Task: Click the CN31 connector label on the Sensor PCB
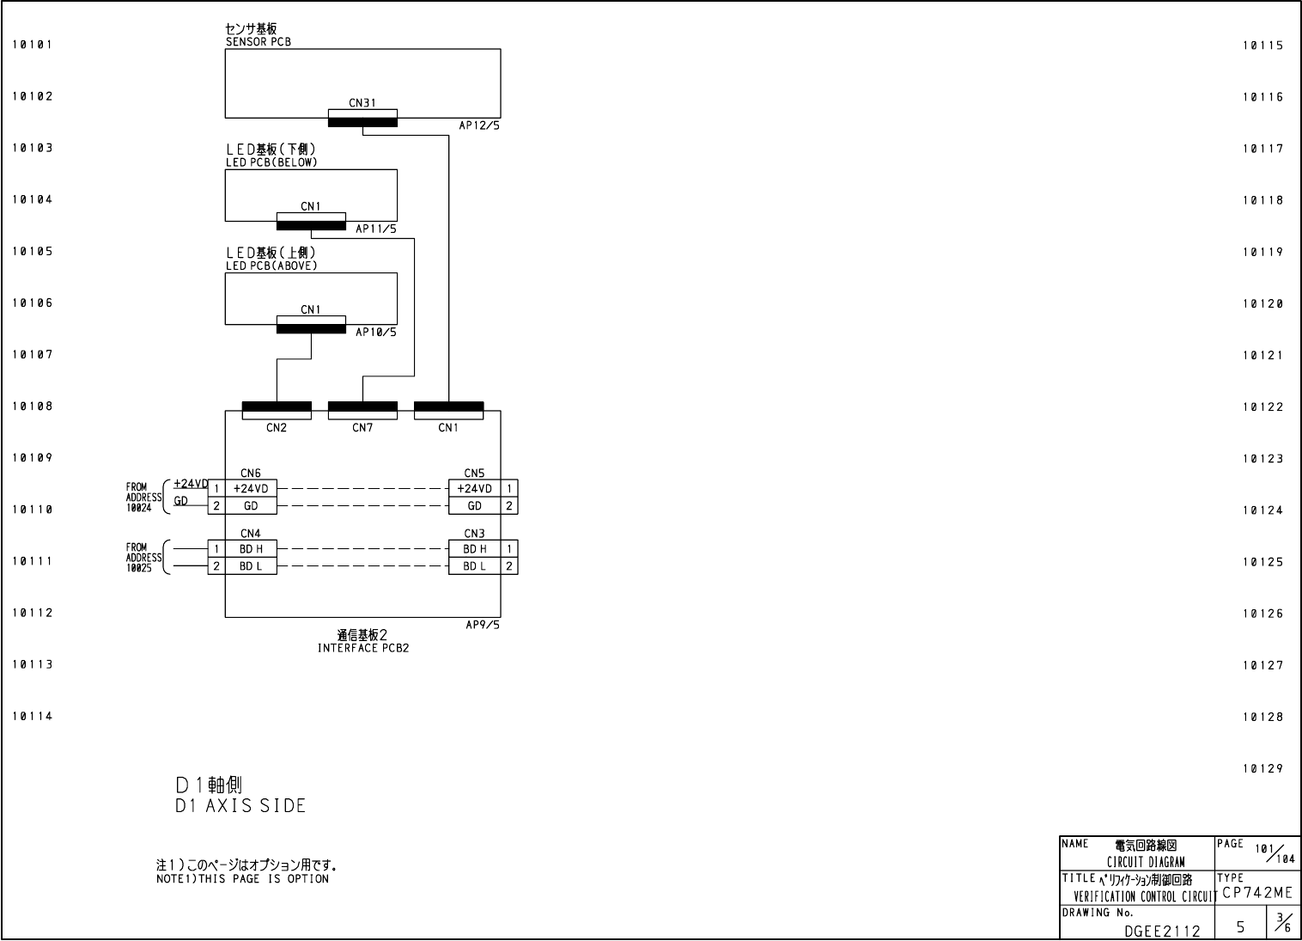[362, 103]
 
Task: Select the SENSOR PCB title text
[258, 41]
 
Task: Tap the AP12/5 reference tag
[478, 125]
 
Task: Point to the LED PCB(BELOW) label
[271, 162]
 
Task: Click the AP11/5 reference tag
[376, 229]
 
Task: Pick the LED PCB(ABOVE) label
[271, 266]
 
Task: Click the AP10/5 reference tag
[376, 332]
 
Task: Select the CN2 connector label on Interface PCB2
[276, 428]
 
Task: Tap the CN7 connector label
[362, 428]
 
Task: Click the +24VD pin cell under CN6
[251, 489]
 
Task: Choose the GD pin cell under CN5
[474, 506]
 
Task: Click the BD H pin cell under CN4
[251, 549]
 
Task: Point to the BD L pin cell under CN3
[474, 566]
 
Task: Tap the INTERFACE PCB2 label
[362, 648]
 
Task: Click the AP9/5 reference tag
[482, 625]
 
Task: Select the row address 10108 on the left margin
[32, 406]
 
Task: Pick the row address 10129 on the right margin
[1262, 769]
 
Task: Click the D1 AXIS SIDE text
[240, 806]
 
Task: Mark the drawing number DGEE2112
[1162, 930]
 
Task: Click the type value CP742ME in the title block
[1256, 893]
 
